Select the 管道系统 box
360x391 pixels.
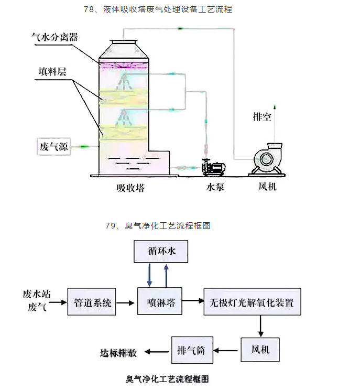93,303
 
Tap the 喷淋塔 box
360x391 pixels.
160,302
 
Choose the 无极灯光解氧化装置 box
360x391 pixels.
252,302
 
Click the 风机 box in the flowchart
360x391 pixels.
260,349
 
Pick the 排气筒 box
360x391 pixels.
192,350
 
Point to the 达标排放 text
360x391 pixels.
119,353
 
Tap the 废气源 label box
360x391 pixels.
54,147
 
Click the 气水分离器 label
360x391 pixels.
55,37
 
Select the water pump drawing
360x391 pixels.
213,167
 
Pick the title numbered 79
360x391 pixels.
158,226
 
